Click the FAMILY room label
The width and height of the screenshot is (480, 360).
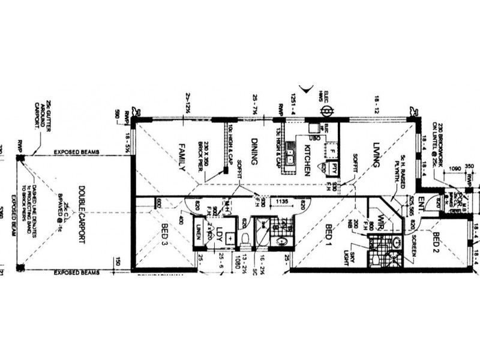(x=182, y=158)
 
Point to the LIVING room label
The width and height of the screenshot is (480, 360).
(x=377, y=154)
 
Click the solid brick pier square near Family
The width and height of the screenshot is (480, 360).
(x=226, y=170)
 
